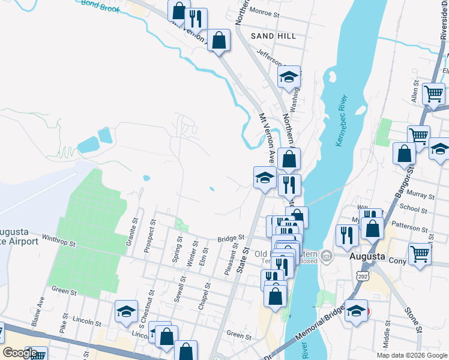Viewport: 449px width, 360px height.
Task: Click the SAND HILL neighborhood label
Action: click(x=274, y=37)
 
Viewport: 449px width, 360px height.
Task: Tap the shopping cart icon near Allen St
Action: click(x=433, y=94)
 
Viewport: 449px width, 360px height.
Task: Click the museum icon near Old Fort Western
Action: click(x=326, y=256)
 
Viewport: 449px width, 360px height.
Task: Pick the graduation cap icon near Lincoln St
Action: click(x=127, y=310)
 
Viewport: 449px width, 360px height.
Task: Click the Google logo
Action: click(x=20, y=352)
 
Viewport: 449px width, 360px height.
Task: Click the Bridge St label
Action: click(x=231, y=239)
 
